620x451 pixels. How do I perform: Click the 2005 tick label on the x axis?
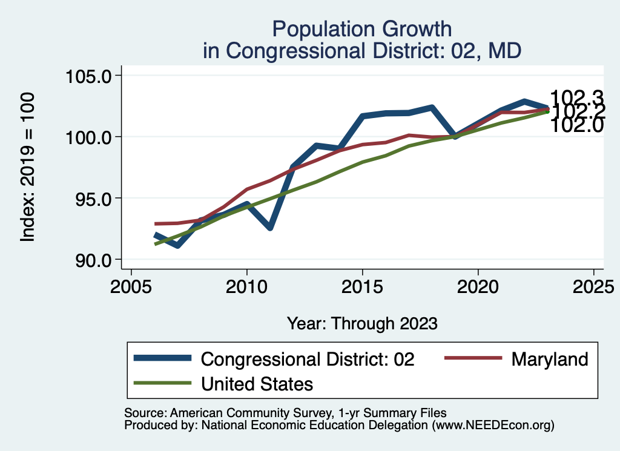(131, 286)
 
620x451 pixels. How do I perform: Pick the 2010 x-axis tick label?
(247, 286)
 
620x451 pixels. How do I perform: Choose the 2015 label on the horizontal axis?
(363, 286)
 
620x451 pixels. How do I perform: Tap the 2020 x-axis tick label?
(478, 286)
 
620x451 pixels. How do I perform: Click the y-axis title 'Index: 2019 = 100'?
(28, 168)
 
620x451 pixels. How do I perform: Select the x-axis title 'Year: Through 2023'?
(362, 323)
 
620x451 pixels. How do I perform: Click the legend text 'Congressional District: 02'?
(308, 359)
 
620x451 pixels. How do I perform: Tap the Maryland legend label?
(550, 359)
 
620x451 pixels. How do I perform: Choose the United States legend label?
(257, 383)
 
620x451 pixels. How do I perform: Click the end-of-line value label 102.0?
(577, 125)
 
